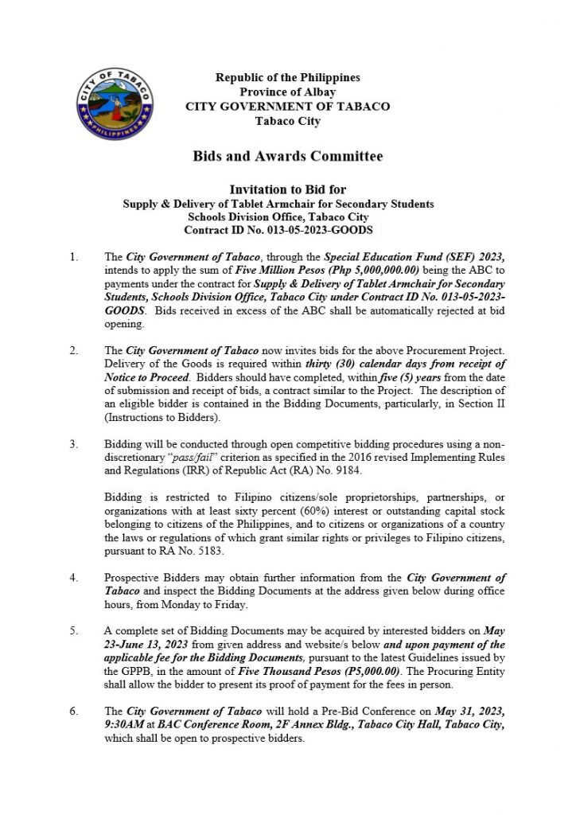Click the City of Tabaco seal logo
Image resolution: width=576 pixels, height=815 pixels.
click(117, 103)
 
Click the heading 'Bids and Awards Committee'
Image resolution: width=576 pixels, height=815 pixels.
click(287, 156)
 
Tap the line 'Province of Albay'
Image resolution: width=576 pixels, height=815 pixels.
click(287, 92)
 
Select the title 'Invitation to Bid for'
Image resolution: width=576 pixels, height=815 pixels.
click(287, 190)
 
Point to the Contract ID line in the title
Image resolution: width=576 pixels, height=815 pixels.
click(278, 230)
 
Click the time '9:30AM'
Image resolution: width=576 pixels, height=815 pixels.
click(123, 723)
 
